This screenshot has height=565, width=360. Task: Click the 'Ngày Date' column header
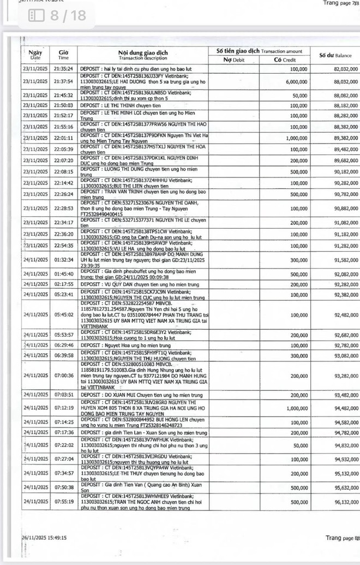tap(35, 53)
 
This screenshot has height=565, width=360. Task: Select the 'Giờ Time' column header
tap(63, 54)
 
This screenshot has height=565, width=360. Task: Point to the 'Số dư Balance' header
tap(335, 55)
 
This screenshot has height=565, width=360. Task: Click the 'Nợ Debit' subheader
tap(235, 60)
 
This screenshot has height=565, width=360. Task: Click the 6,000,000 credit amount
tap(296, 81)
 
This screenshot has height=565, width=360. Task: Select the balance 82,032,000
tap(346, 69)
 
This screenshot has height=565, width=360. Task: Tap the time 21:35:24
tap(63, 69)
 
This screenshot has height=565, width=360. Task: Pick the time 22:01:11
tap(63, 138)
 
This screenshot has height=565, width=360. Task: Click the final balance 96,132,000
tap(346, 502)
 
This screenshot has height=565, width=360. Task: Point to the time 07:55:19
tap(63, 502)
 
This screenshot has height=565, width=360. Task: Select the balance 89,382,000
tap(346, 138)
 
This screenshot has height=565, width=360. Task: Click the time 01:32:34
tap(63, 260)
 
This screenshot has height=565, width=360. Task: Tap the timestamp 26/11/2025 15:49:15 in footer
tap(44, 538)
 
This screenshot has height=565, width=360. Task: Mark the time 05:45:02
tap(63, 314)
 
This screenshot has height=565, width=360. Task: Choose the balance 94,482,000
tap(346, 408)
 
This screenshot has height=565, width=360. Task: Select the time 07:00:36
tap(63, 376)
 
